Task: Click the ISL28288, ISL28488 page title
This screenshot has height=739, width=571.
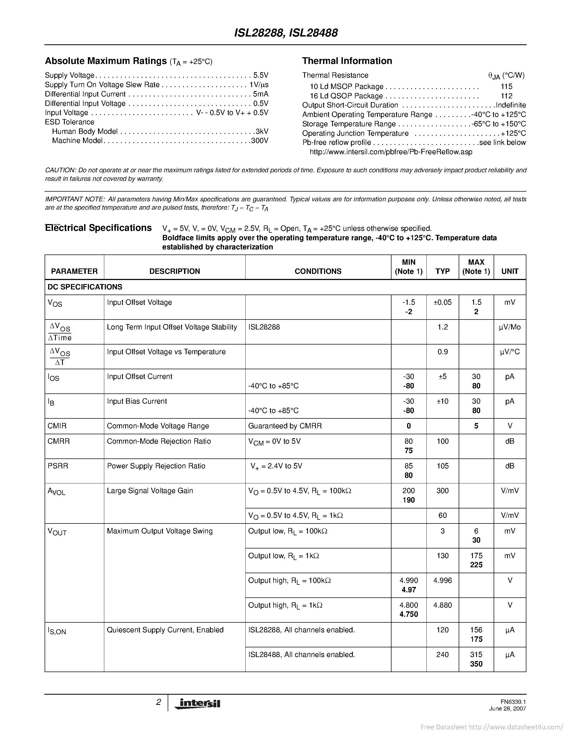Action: [x=285, y=33]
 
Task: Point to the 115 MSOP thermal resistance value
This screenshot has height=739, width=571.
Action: [x=507, y=87]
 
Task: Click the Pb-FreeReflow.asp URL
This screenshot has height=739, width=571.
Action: [x=391, y=152]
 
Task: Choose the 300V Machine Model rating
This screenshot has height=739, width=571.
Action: [x=260, y=141]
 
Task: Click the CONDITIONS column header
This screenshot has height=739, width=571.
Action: [x=318, y=271]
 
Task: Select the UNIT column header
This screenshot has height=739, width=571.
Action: [x=509, y=271]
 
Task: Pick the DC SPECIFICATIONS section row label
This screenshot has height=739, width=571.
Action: [x=85, y=287]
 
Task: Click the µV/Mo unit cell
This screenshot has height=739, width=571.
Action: [x=509, y=327]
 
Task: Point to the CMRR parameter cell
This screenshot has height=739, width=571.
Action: [x=59, y=441]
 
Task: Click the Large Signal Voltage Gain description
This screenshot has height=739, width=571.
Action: [x=150, y=491]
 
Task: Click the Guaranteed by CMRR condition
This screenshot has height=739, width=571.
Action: [x=285, y=426]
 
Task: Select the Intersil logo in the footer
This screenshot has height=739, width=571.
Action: [x=197, y=704]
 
